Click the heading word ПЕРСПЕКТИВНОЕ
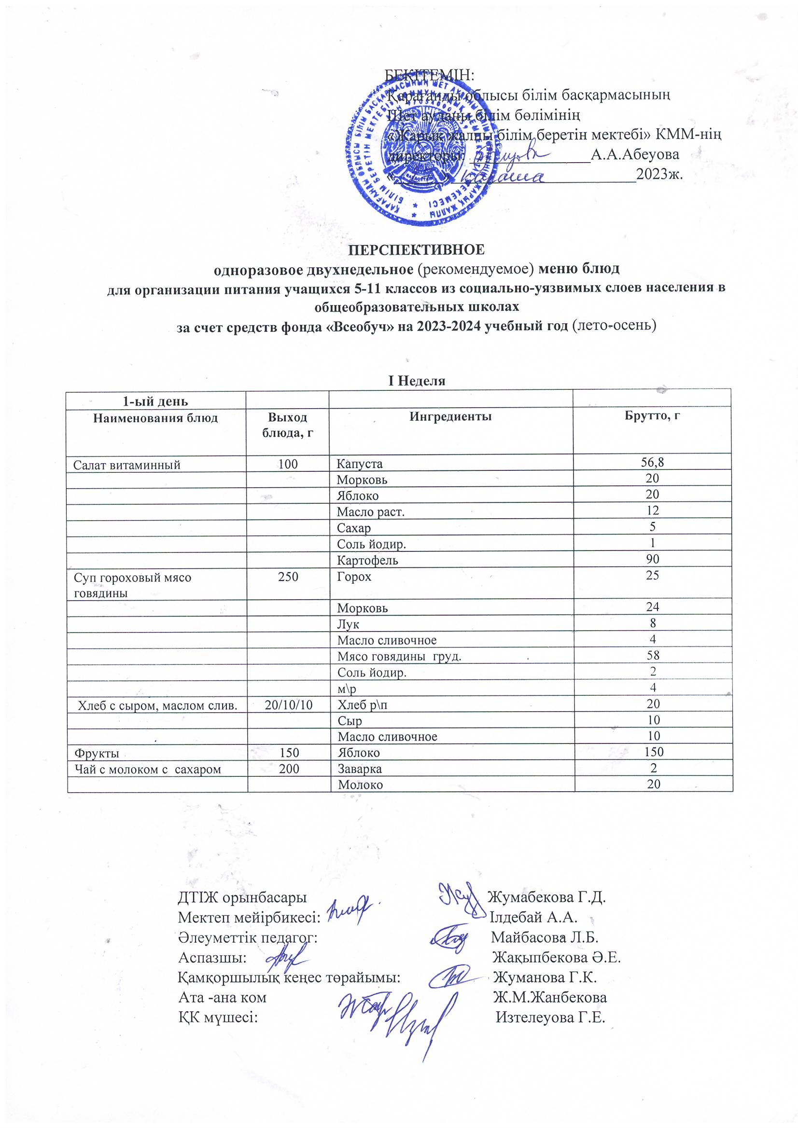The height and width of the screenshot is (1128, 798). click(x=417, y=249)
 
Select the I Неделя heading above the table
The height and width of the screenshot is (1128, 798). click(x=417, y=381)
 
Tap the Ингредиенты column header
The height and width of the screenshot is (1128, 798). click(x=450, y=417)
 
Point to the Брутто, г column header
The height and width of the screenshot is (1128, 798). click(x=652, y=415)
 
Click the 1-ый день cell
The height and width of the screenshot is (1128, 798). click(x=155, y=401)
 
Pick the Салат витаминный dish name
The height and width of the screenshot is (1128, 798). click(x=127, y=465)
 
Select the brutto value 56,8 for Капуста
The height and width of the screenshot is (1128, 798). click(x=653, y=462)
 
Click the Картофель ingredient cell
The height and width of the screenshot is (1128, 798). click(x=367, y=560)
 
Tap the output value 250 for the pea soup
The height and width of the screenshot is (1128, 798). click(x=288, y=576)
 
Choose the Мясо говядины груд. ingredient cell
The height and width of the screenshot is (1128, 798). click(x=399, y=656)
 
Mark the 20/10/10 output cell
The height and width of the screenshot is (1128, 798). click(x=289, y=705)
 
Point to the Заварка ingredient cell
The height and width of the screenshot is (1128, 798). click(x=360, y=769)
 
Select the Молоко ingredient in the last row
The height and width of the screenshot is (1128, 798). click(x=361, y=784)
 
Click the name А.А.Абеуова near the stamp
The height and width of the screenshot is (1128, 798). click(x=634, y=154)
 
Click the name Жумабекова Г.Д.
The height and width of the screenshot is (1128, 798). click(x=546, y=897)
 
